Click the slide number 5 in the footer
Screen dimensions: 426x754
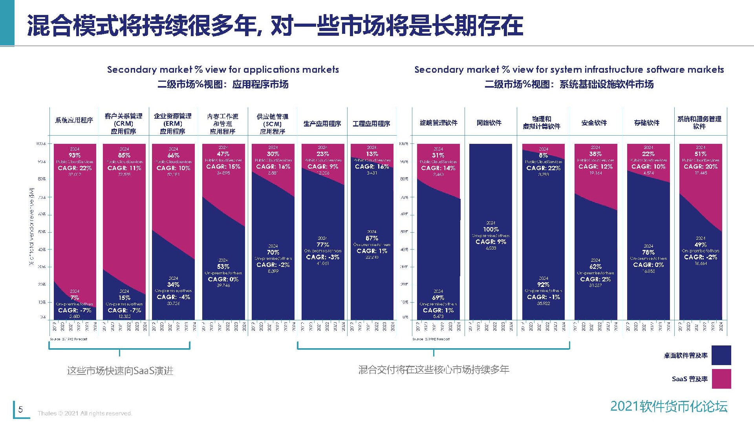[21, 409]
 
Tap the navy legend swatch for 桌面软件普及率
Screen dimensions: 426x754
[721, 355]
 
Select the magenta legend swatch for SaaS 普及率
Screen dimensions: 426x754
[721, 379]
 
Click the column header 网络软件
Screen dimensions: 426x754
[489, 123]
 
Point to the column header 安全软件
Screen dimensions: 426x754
[594, 123]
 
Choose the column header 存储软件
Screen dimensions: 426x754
[647, 123]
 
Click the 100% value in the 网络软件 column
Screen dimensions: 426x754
[490, 229]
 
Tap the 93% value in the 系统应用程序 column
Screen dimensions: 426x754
[75, 155]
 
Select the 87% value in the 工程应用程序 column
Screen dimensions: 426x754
[372, 238]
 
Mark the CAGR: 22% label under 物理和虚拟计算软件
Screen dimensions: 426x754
[544, 168]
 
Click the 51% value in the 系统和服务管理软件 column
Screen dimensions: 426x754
[701, 154]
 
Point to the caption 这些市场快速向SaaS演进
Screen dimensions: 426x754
[120, 371]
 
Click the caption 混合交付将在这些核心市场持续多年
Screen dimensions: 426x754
[434, 369]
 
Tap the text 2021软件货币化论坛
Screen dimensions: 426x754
[669, 406]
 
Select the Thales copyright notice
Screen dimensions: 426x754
[85, 413]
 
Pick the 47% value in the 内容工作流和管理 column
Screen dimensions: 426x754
[223, 154]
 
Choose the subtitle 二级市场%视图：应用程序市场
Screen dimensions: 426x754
[223, 84]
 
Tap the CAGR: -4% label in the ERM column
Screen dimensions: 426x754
[173, 297]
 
